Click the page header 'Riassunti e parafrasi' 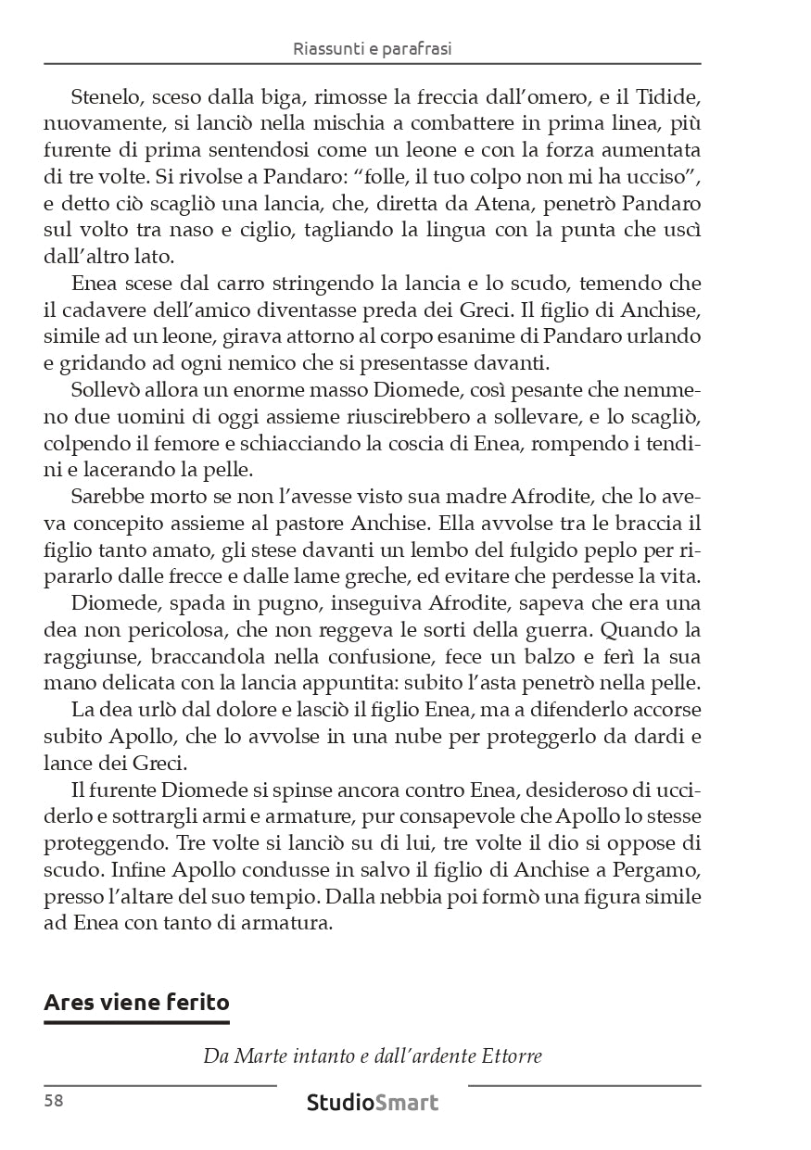coord(372,48)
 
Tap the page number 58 coord(54,1101)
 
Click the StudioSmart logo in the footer coord(373,1103)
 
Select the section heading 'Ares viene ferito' coord(137,1002)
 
